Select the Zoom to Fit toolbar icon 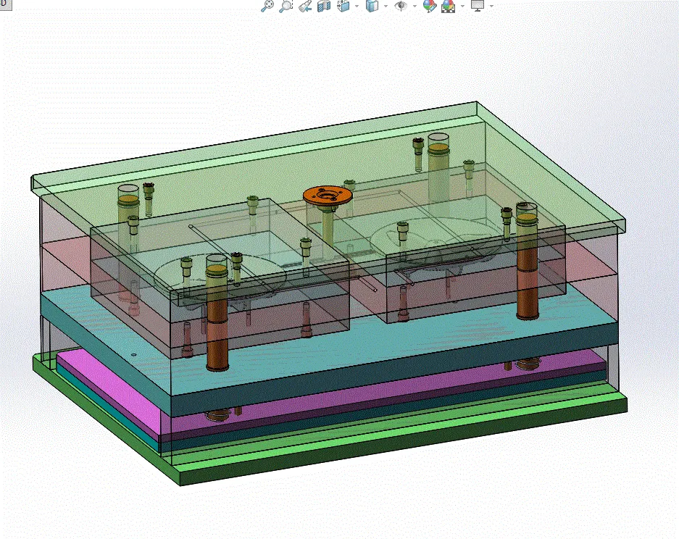(x=267, y=6)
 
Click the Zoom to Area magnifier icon (x=286, y=6)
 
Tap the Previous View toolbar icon (x=305, y=6)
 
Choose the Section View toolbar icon (x=324, y=6)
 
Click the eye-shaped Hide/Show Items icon (x=399, y=6)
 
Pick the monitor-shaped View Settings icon (x=477, y=6)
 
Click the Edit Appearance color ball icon (x=429, y=6)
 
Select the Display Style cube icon (x=372, y=6)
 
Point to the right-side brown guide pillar (x=526, y=275)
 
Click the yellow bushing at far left (x=128, y=199)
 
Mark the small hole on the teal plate (x=134, y=354)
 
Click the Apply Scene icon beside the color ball (x=448, y=6)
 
